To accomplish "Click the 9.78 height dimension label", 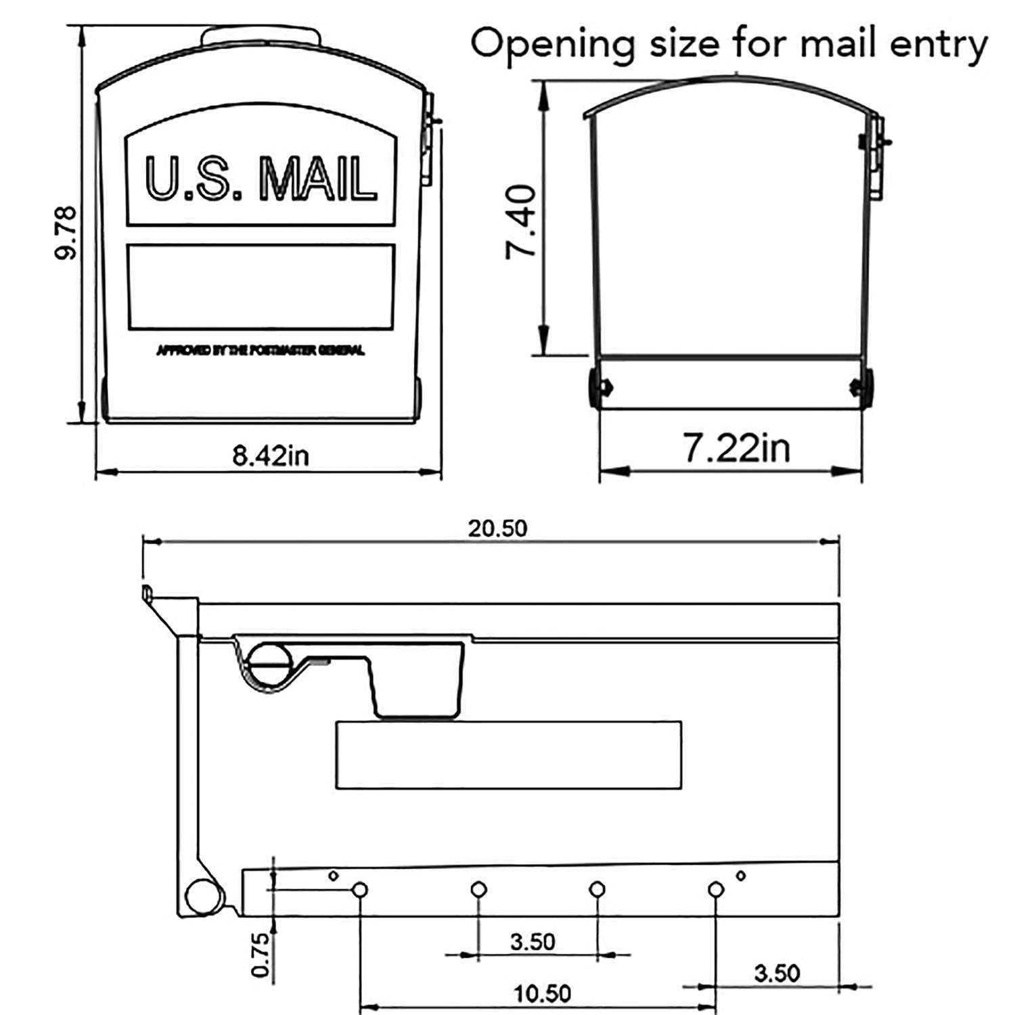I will tap(66, 233).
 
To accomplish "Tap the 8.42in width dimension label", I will tap(271, 455).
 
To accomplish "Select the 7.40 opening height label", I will tap(522, 222).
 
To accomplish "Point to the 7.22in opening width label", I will tap(736, 448).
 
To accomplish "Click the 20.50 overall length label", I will tap(497, 528).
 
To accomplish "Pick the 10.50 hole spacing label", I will tap(542, 993).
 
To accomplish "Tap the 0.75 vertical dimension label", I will tap(261, 955).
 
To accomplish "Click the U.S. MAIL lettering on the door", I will tap(261, 179).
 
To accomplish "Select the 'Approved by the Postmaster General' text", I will tap(261, 351).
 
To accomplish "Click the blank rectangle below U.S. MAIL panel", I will tap(261, 287).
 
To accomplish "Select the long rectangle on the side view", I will tap(508, 755).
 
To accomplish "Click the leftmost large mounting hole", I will tap(360, 889).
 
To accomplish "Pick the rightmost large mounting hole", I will tap(715, 889).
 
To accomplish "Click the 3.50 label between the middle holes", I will tap(533, 941).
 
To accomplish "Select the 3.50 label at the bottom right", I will tap(777, 973).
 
